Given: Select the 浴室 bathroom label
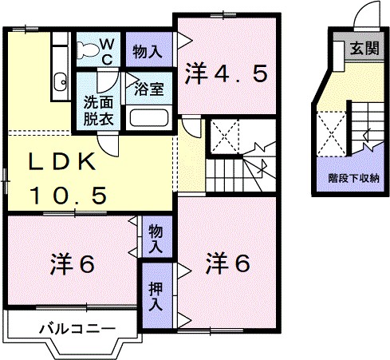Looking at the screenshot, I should [149, 89].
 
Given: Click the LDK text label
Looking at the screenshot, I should [64, 163].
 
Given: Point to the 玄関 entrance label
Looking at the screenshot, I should [359, 49].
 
